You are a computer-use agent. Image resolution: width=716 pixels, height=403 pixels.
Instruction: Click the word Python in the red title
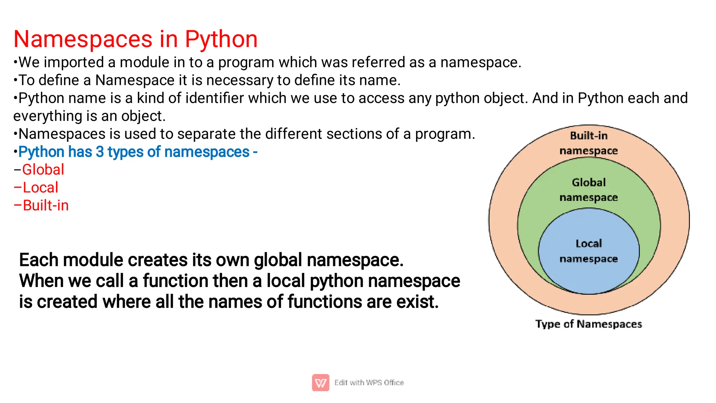click(x=221, y=39)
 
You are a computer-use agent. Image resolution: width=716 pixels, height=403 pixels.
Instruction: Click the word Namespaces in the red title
click(x=83, y=39)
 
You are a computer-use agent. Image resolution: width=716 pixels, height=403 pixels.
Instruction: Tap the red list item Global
click(x=43, y=170)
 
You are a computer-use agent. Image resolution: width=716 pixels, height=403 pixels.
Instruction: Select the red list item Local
click(x=40, y=188)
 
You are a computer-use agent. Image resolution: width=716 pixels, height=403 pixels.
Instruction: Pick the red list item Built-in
click(x=45, y=206)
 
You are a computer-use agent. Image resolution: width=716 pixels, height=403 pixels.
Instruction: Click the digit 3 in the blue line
click(x=100, y=152)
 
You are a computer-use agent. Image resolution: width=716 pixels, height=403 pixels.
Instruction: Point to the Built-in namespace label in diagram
click(x=589, y=143)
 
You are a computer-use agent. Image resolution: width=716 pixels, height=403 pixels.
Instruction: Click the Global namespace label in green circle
click(x=589, y=189)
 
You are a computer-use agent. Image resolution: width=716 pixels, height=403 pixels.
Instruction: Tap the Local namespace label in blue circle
click(x=589, y=251)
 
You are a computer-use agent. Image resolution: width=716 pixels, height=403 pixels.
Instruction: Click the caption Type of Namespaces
click(x=589, y=324)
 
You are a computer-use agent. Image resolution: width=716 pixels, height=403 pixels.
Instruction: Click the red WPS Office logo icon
click(x=321, y=383)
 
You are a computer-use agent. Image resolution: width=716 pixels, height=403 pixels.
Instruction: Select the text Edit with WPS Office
click(x=369, y=383)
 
